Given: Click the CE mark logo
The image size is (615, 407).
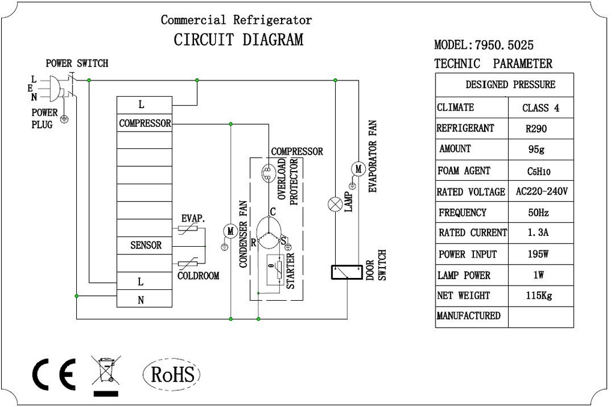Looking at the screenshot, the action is [x=53, y=375].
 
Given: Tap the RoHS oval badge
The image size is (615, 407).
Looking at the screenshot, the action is [x=171, y=374].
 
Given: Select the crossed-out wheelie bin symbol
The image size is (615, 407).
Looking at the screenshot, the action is [x=106, y=376].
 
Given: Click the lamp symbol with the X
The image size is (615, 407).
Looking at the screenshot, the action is [x=335, y=204].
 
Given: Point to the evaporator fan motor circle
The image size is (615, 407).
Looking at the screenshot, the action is [x=358, y=169].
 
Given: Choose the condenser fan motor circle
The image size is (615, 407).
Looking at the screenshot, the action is [x=230, y=231].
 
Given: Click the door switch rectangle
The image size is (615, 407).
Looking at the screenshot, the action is [x=347, y=272].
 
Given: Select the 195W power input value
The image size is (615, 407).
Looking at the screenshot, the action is [x=538, y=254].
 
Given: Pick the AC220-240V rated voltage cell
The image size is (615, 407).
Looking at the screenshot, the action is [x=541, y=191].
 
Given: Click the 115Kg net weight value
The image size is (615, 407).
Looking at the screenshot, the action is [x=539, y=295].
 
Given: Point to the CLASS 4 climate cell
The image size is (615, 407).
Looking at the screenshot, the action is [x=541, y=107].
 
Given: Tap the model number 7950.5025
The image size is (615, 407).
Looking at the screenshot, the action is [x=504, y=45].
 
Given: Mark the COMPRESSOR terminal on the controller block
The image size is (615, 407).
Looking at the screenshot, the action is [x=144, y=123].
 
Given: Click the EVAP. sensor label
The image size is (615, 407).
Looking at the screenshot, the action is [x=193, y=219].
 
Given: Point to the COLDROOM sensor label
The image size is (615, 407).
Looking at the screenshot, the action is [x=198, y=276].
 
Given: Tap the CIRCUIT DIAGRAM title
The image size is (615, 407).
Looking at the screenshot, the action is [x=238, y=40].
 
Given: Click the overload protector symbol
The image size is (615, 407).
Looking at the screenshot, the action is [x=268, y=173].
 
